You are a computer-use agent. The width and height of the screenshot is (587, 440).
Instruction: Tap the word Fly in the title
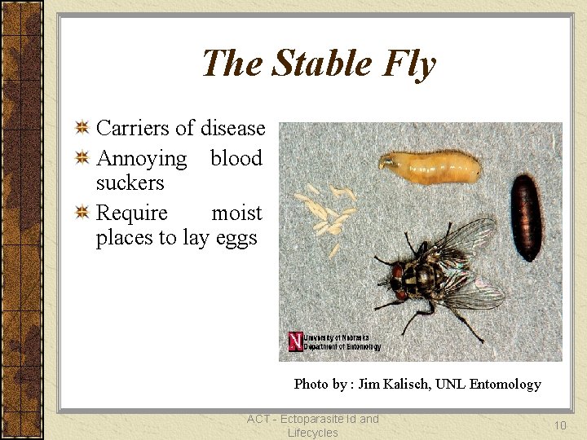413,64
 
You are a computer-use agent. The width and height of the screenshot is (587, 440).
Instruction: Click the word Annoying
141,158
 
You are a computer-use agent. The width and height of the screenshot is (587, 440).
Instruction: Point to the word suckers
130,183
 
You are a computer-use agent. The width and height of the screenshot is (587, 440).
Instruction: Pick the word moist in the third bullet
236,213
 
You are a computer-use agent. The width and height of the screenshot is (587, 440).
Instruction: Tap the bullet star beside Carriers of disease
82,127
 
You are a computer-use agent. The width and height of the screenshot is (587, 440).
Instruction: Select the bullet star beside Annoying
82,157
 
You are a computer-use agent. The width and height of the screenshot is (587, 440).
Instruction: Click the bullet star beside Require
82,213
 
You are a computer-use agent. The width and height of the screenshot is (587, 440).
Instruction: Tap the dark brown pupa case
526,216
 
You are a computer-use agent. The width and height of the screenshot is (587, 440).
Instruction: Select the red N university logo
296,341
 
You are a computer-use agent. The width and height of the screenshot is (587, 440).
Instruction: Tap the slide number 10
560,425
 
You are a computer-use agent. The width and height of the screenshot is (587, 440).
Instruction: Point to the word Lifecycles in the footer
312,433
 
